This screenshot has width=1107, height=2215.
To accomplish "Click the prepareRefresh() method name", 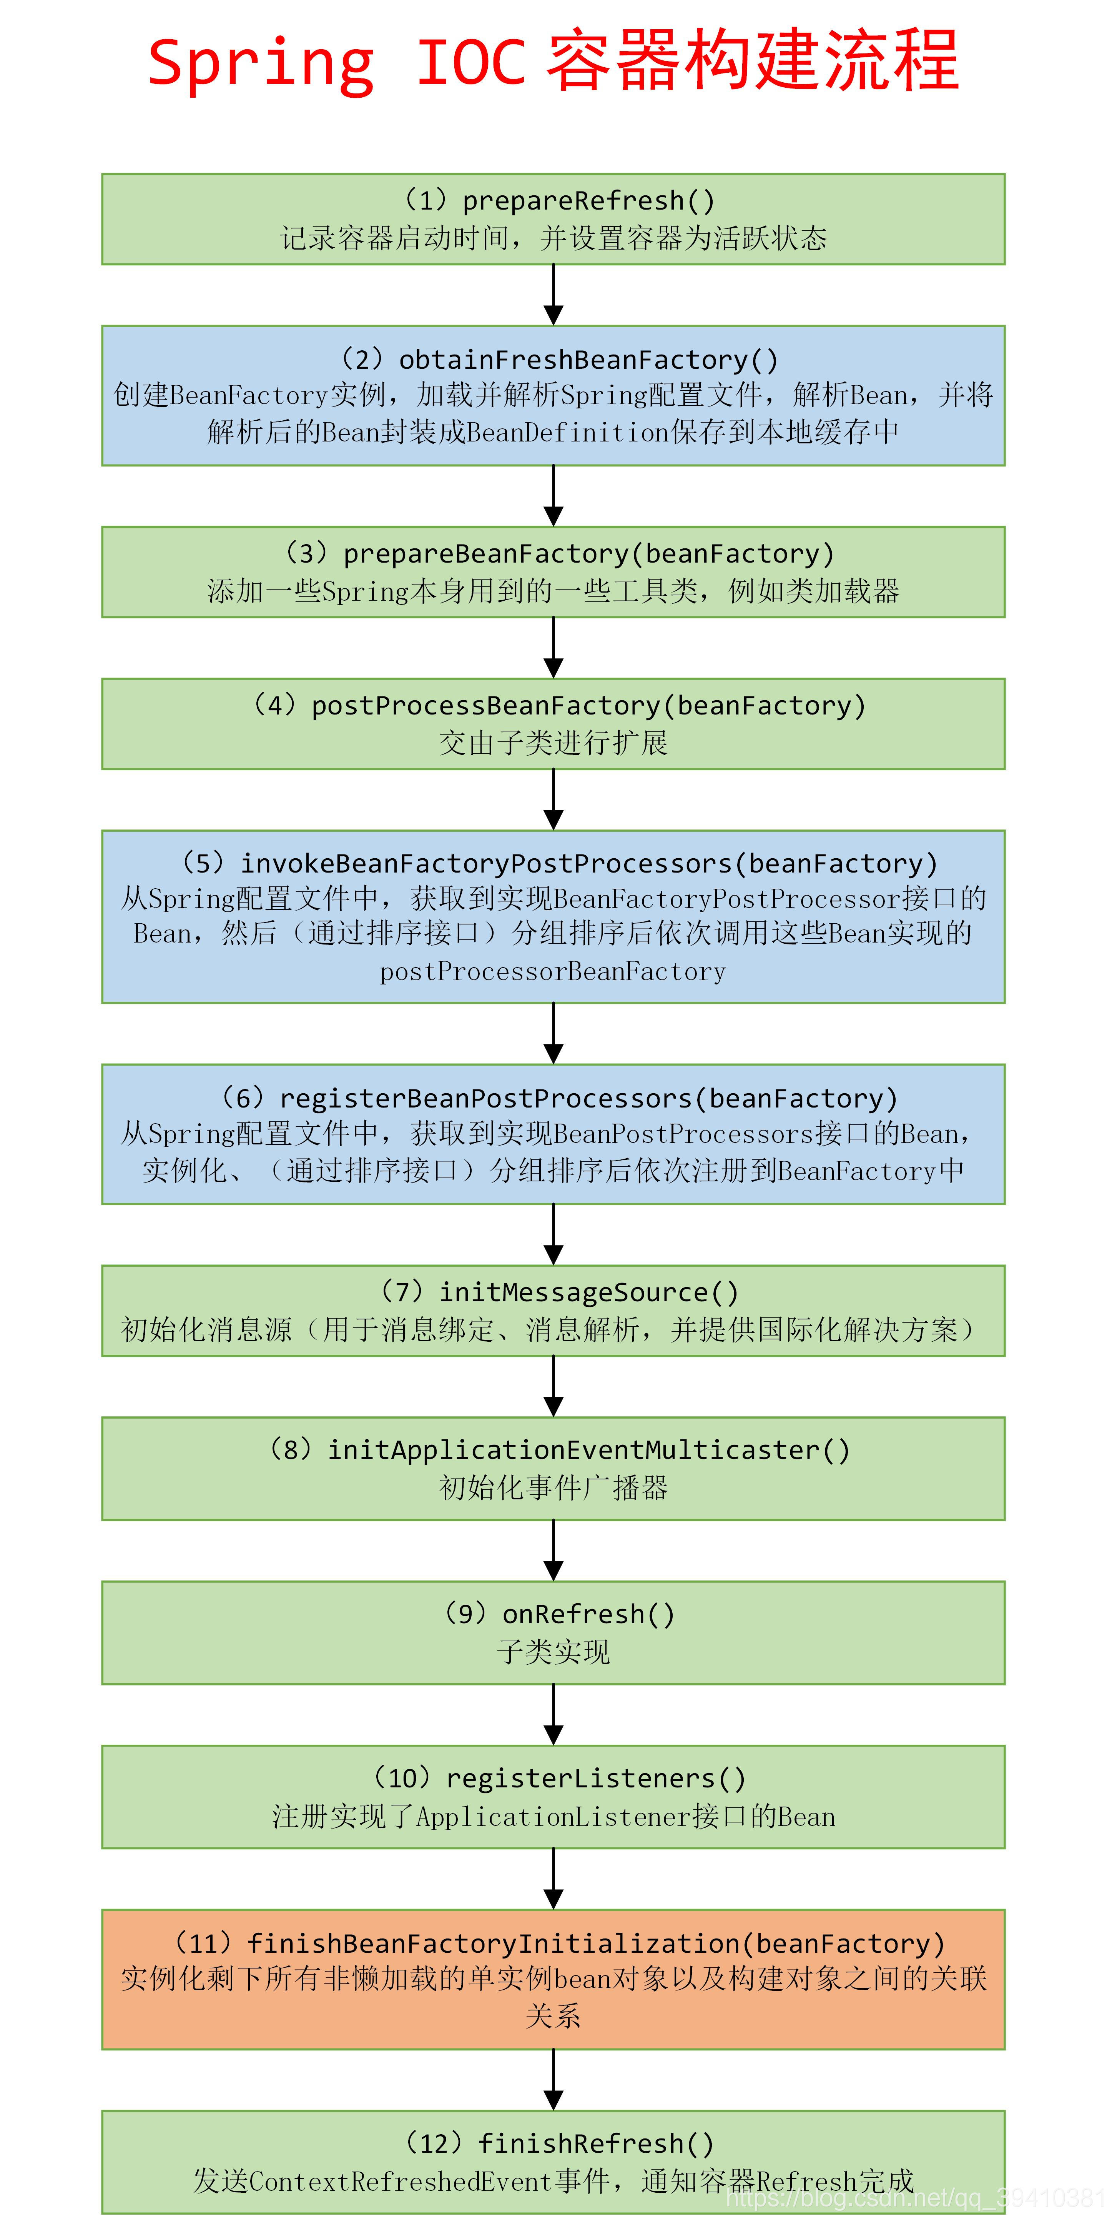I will click(x=588, y=200).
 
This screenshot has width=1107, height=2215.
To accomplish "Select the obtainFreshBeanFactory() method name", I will click(x=588, y=360).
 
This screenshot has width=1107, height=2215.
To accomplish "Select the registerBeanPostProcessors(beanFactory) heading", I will click(x=588, y=1098).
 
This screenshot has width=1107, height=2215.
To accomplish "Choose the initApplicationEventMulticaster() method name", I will click(x=588, y=1450).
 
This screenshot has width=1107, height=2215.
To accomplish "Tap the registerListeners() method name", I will click(x=595, y=1778).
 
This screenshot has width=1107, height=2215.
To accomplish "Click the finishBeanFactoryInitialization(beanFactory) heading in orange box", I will click(x=595, y=1943).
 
